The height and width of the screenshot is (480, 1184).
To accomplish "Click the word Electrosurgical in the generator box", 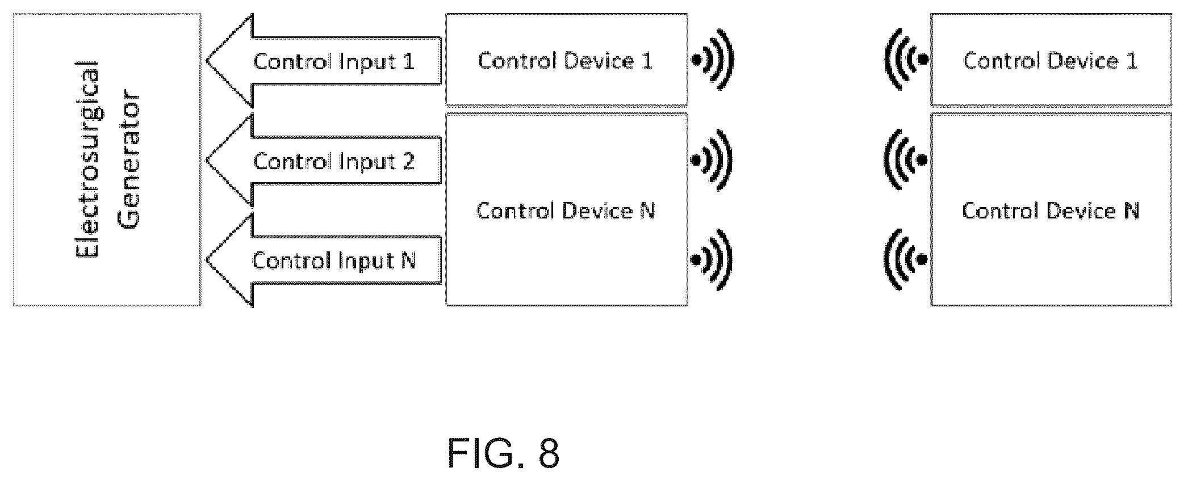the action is click(88, 159).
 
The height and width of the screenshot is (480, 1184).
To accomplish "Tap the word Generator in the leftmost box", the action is click(130, 159).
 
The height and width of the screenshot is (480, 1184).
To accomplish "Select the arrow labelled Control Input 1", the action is click(324, 61).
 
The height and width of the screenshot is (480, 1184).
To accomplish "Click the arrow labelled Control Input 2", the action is click(324, 161).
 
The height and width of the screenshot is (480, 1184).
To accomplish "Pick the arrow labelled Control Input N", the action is click(324, 260).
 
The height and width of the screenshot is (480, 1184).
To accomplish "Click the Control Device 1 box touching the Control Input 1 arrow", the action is click(566, 60).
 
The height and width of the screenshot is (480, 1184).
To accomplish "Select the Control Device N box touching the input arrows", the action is click(566, 209).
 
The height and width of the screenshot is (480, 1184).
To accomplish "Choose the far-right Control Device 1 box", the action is click(1051, 60).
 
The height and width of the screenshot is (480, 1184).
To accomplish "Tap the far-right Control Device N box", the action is click(1051, 209).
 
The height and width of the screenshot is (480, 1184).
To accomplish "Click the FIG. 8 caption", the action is click(504, 453).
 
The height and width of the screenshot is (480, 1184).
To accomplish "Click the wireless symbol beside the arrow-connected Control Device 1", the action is click(712, 59).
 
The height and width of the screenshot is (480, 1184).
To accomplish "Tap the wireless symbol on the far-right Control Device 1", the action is click(906, 59).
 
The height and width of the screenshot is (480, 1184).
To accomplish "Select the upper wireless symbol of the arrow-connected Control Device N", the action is click(712, 160).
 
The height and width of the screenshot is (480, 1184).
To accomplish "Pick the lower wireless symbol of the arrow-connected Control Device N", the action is click(712, 260).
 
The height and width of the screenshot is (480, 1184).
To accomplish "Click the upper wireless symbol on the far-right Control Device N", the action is click(906, 160).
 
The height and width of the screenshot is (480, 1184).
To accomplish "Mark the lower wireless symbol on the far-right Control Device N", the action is click(906, 260).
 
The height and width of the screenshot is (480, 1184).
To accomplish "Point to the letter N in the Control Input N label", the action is click(408, 260).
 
